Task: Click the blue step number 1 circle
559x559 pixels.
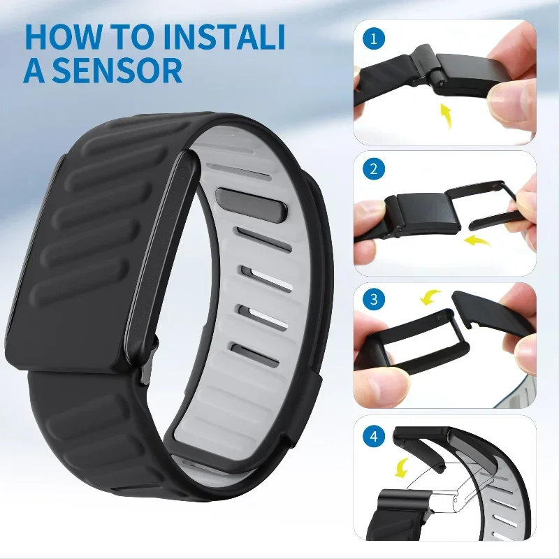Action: click(x=376, y=38)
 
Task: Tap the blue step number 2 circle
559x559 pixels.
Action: click(x=376, y=169)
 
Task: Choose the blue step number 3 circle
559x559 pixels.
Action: click(x=376, y=300)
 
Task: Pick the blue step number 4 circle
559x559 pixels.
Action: click(x=376, y=437)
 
